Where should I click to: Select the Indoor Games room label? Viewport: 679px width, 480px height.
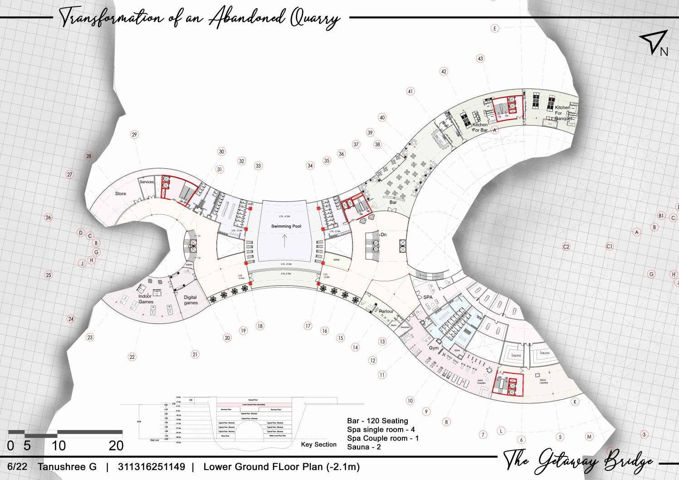tap(146, 299)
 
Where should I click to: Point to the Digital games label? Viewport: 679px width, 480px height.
tap(191, 300)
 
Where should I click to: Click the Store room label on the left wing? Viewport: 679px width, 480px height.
tap(120, 194)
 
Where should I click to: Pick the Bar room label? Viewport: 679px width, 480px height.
tap(393, 202)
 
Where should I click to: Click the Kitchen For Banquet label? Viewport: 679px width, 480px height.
tap(562, 113)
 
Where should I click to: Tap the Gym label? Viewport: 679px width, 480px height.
tap(434, 348)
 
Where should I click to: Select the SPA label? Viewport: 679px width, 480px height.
tap(428, 298)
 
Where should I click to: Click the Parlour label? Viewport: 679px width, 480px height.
tap(386, 312)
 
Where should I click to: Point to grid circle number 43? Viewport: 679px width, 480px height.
tap(480, 59)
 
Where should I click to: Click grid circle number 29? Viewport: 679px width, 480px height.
tap(134, 134)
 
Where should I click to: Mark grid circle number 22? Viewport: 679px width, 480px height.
tap(132, 357)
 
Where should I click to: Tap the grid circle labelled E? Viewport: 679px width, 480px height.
tap(495, 29)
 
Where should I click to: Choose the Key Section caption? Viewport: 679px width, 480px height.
tap(318, 445)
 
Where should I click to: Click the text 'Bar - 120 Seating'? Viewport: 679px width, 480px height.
tap(377, 421)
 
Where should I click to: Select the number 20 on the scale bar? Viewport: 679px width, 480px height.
tap(116, 446)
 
